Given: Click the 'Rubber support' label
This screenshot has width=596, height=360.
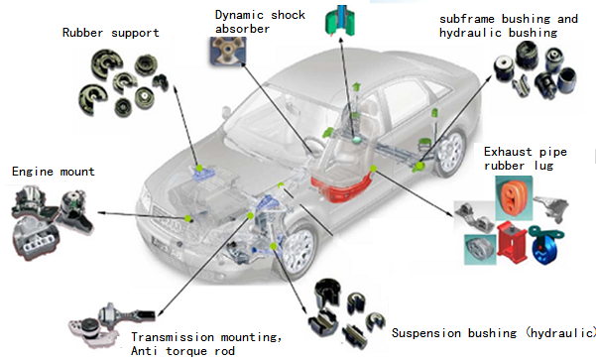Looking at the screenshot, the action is [x=111, y=33].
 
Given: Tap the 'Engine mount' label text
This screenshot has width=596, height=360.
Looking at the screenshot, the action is [x=54, y=172].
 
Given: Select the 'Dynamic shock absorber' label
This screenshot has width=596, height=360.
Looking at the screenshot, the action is [x=260, y=22].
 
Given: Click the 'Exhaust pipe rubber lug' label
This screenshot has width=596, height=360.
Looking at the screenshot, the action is [x=526, y=159].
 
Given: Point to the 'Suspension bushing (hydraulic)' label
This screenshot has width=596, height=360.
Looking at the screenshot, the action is [x=494, y=333].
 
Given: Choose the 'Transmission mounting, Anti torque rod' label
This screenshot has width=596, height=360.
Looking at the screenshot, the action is [x=206, y=344].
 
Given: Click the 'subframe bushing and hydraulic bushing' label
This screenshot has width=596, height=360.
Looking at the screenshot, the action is [x=508, y=26].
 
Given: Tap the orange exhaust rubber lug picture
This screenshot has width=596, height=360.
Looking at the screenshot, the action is [x=514, y=197].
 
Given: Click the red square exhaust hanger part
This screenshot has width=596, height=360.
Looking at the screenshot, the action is [x=512, y=242].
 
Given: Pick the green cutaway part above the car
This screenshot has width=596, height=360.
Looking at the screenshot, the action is [x=340, y=21].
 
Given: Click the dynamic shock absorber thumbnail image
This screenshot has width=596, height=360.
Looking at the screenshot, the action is [x=228, y=51].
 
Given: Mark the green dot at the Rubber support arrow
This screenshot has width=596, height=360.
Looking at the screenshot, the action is [x=199, y=168].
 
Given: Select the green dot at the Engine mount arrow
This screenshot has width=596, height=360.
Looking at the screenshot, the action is [x=187, y=218].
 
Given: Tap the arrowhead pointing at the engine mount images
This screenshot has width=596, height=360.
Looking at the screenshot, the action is [x=101, y=213].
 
